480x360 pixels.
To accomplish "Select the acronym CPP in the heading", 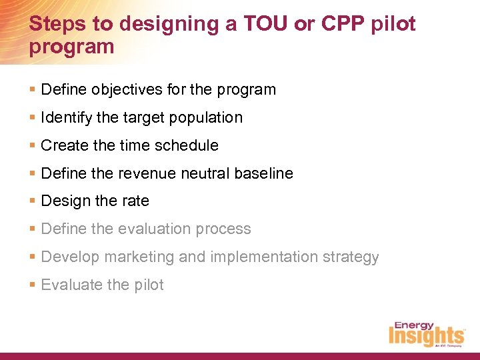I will (x=343, y=24).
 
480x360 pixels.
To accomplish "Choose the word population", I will (x=209, y=117).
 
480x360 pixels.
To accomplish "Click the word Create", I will (x=63, y=145).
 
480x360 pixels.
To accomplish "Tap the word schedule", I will (x=189, y=145).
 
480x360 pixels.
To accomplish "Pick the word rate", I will (x=136, y=201).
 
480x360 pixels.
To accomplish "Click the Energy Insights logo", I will (x=427, y=333).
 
